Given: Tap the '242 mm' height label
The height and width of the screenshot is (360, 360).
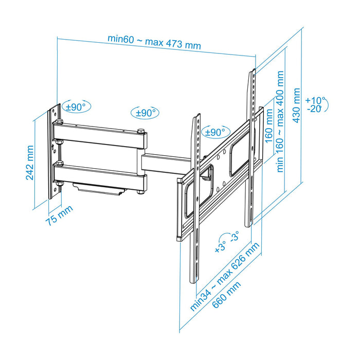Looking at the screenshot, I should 30,163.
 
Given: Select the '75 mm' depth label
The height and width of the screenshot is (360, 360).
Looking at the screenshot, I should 57,217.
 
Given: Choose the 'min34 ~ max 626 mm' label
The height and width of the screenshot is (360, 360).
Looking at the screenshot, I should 223,278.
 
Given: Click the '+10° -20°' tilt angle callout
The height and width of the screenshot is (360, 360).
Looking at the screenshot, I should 313,104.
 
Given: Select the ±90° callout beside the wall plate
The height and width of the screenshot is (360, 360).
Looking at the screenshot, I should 76,107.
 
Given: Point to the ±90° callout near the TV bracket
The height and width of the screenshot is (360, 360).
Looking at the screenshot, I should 215,132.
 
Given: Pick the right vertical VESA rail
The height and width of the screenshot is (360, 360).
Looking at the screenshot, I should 251,149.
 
